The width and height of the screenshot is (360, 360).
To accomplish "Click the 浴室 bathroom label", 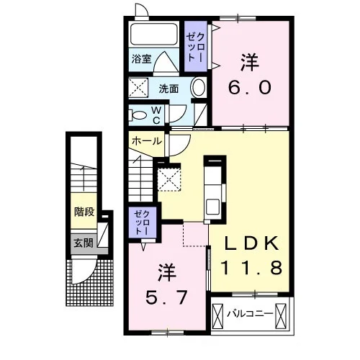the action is pyautogui.click(x=141, y=58).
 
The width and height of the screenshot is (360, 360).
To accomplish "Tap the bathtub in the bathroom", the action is pyautogui.click(x=154, y=34).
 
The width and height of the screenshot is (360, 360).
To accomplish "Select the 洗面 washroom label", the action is pyautogui.click(x=168, y=89).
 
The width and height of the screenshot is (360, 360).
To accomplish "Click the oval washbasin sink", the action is pyautogui.click(x=199, y=87).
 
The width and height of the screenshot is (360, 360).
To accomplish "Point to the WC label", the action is pyautogui.click(x=156, y=115).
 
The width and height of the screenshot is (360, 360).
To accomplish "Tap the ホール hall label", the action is pyautogui.click(x=147, y=141).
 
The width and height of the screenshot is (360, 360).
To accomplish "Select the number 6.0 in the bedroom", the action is pyautogui.click(x=250, y=87).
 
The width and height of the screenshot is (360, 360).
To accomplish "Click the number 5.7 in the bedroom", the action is pyautogui.click(x=166, y=297).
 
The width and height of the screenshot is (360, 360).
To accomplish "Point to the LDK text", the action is pyautogui.click(x=251, y=243).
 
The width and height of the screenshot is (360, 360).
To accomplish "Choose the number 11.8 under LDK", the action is pyautogui.click(x=251, y=268).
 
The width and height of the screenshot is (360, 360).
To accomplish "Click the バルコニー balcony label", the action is pyautogui.click(x=251, y=313).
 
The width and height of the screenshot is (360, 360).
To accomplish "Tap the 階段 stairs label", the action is pyautogui.click(x=84, y=212).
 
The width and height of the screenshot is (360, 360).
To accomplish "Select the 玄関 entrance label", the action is pyautogui.click(x=84, y=243).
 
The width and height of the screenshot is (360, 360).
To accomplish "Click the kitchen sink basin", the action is pyautogui.click(x=212, y=207).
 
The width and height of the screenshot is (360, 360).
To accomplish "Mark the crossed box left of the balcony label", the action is pyautogui.click(x=217, y=316).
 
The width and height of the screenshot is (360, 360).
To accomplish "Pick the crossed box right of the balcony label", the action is pyautogui.click(x=281, y=316).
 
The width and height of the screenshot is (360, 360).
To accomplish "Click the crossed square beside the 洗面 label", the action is pyautogui.click(x=138, y=88).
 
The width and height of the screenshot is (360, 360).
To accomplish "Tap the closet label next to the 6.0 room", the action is pyautogui.click(x=196, y=47).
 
